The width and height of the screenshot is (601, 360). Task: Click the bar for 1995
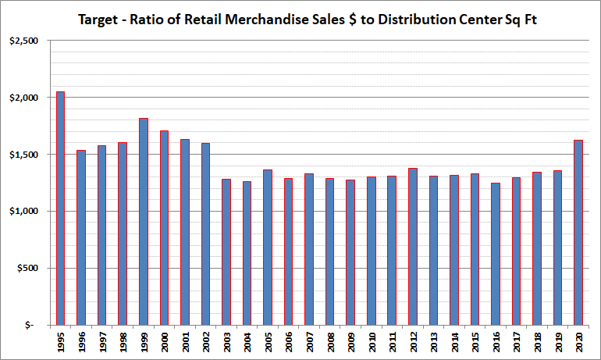pyautogui.click(x=60, y=208)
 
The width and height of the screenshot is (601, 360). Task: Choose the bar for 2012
pyautogui.click(x=412, y=246)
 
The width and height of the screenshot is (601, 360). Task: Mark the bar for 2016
pyautogui.click(x=496, y=254)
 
